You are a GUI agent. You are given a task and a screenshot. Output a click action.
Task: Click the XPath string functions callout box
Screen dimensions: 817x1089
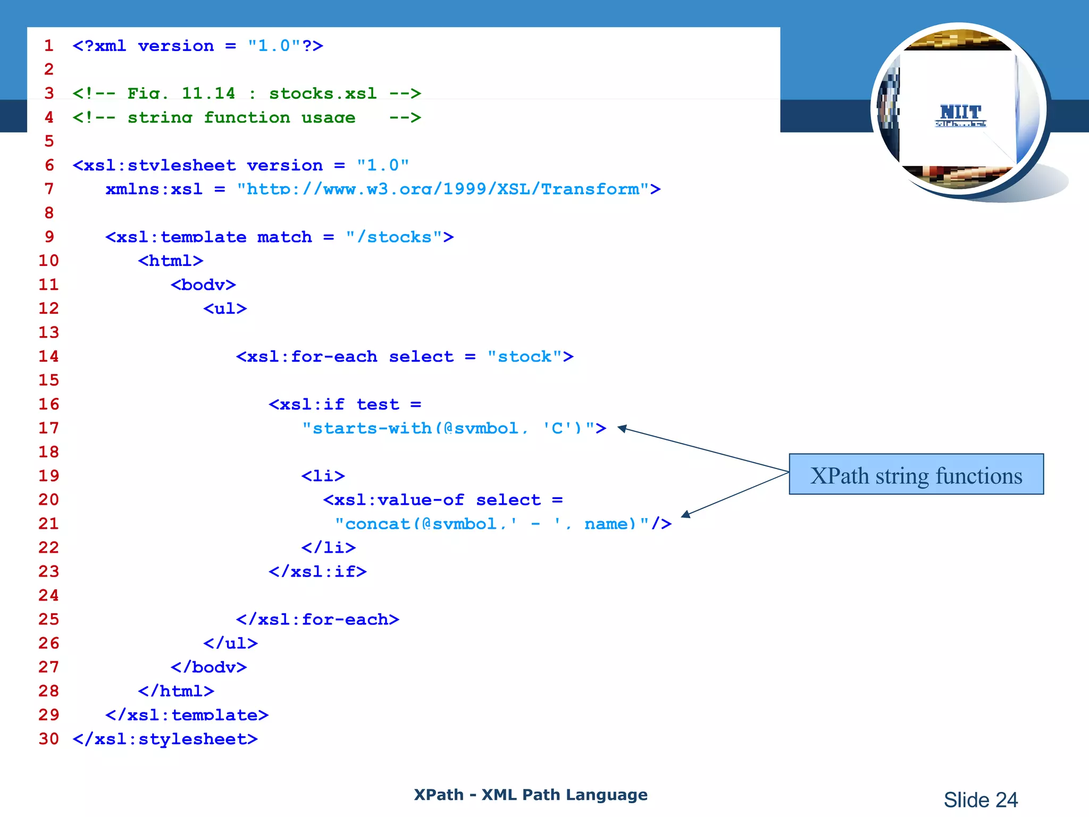(x=916, y=474)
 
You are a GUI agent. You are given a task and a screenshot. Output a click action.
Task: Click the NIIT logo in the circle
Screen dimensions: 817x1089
(x=960, y=115)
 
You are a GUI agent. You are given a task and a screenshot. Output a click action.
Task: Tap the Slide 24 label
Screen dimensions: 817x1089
(x=980, y=799)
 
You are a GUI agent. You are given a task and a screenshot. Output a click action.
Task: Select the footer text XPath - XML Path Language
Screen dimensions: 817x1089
(x=530, y=795)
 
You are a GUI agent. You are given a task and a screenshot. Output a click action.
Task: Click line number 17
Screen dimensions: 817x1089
(x=48, y=428)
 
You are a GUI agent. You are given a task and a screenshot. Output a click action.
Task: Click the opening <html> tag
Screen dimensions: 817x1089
(x=170, y=261)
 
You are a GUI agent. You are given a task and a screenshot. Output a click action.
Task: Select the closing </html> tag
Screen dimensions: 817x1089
(x=176, y=691)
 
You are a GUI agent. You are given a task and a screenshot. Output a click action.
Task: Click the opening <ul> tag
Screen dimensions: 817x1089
(x=225, y=309)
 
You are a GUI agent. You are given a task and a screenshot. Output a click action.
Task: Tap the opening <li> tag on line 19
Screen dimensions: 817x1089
(x=323, y=476)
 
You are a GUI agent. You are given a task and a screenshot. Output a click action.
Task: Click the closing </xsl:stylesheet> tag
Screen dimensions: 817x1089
(x=165, y=739)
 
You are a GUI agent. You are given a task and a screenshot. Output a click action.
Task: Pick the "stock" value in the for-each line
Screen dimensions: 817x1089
(x=524, y=356)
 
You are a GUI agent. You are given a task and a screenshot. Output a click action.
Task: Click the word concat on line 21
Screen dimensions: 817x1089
(x=377, y=524)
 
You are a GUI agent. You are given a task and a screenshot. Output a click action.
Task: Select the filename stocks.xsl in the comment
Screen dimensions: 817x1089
(x=323, y=94)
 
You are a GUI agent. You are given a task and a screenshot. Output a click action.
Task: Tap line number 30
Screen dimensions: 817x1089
(x=48, y=739)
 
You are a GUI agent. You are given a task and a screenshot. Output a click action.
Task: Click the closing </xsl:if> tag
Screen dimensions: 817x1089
(x=317, y=572)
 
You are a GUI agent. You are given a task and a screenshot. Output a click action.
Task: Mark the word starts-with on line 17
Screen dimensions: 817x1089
(x=372, y=428)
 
